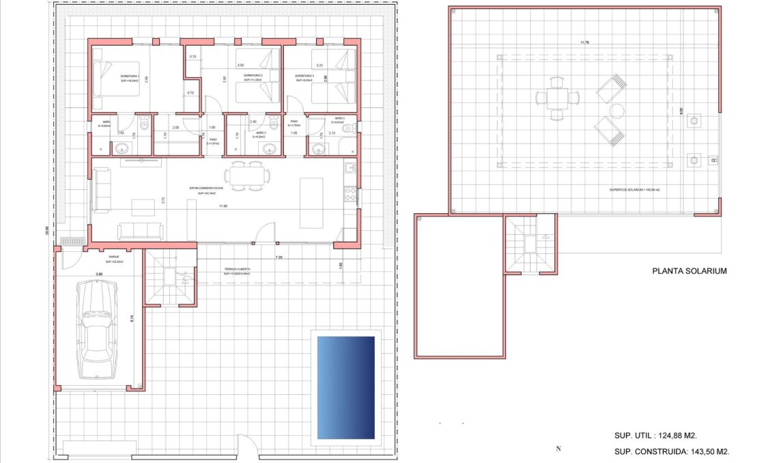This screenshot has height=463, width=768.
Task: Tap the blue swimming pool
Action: pyautogui.click(x=345, y=387)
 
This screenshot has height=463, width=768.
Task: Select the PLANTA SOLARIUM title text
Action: pyautogui.click(x=689, y=271)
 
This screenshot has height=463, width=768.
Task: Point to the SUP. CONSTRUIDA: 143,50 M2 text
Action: pyautogui.click(x=672, y=451)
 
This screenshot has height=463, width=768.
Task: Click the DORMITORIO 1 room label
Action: pyautogui.click(x=130, y=76)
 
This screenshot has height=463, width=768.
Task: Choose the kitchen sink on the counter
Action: pyautogui.click(x=350, y=168)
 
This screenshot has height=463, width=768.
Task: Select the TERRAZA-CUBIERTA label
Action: pyautogui.click(x=238, y=270)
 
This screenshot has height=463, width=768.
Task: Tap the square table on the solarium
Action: pyautogui.click(x=557, y=98)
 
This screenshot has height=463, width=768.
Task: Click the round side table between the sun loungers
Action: pyautogui.click(x=616, y=111)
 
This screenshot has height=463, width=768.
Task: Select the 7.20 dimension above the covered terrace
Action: pyautogui.click(x=279, y=257)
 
